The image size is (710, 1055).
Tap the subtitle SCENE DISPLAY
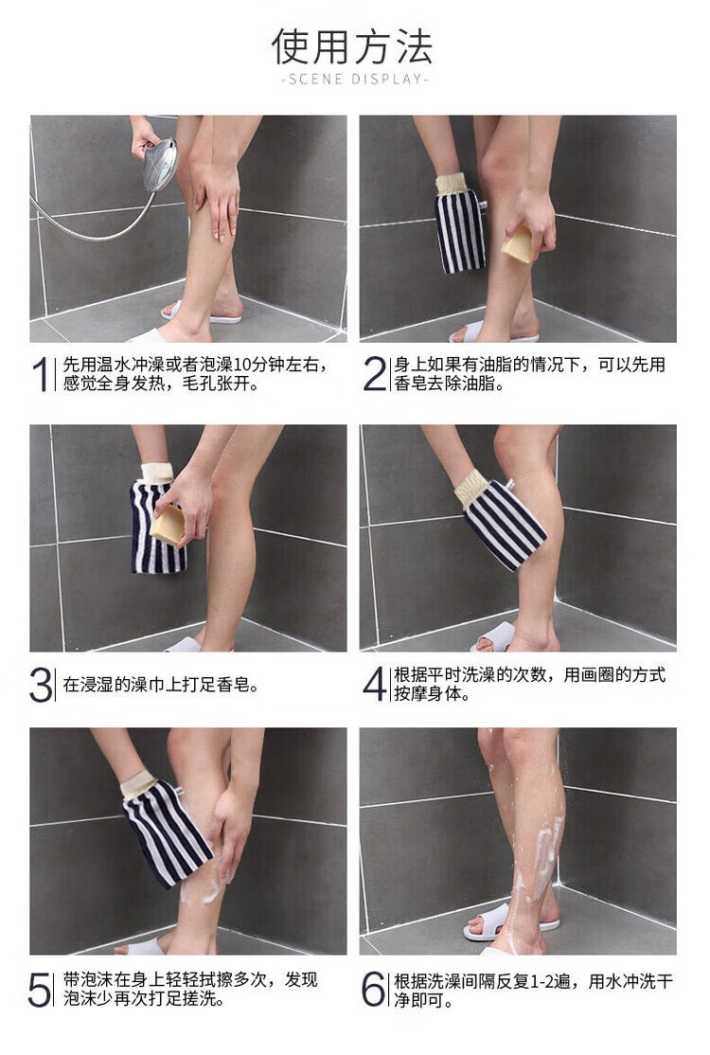[355, 80]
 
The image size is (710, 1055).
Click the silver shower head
[160, 164]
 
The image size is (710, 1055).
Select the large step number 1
[41, 374]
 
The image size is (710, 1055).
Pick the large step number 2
[374, 374]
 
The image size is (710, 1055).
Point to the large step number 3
[41, 685]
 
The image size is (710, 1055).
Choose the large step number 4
[374, 684]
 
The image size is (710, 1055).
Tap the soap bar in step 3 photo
[168, 526]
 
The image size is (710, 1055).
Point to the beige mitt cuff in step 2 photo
[453, 184]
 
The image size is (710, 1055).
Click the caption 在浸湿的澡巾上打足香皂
[161, 685]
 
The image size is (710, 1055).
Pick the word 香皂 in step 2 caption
[411, 384]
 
